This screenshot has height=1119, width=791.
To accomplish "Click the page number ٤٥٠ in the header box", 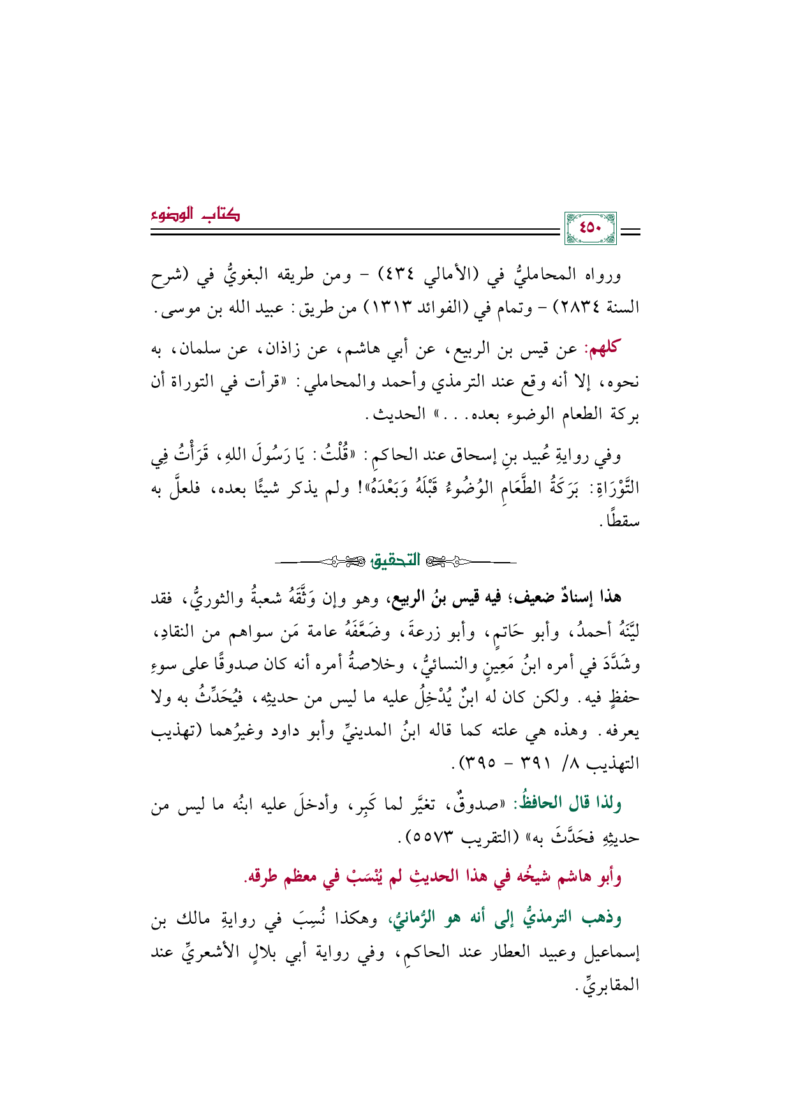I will [x=590, y=228].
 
